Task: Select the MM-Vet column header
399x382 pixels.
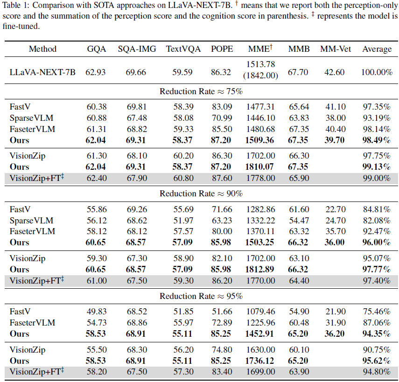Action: click(335, 49)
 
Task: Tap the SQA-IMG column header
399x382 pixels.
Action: click(136, 49)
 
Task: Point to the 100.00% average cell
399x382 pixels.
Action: click(377, 72)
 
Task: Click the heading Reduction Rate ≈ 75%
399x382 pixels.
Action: click(201, 91)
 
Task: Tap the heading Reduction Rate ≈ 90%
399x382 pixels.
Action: click(201, 194)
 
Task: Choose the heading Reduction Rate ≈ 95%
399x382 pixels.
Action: click(201, 296)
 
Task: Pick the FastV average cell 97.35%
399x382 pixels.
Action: click(377, 107)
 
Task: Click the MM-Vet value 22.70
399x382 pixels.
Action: click(335, 209)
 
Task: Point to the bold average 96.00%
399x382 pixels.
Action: click(377, 243)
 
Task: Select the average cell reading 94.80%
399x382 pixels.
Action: click(377, 371)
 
